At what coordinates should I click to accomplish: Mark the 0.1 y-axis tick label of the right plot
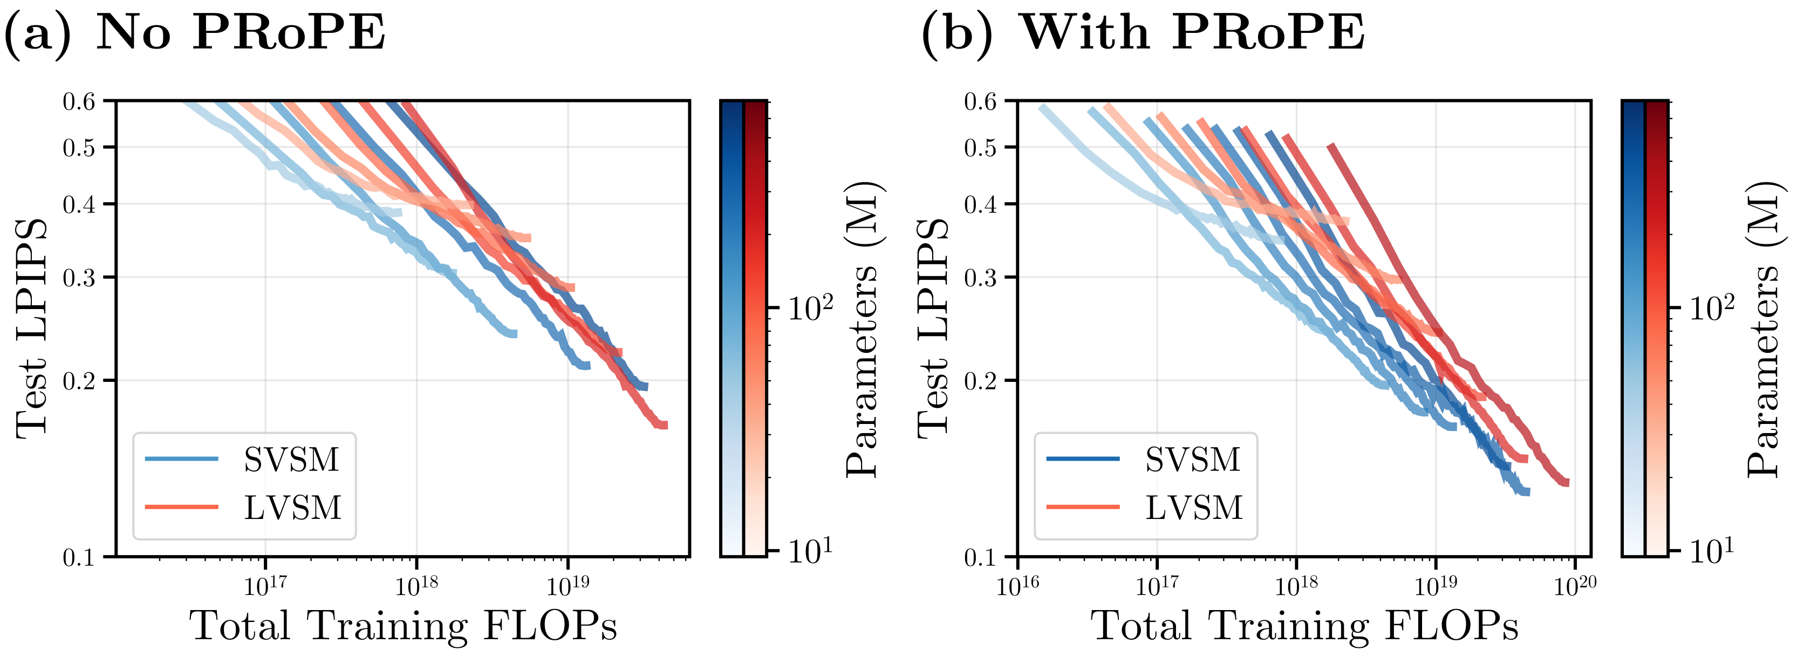point(980,558)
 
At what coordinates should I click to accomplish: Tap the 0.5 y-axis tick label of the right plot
point(980,148)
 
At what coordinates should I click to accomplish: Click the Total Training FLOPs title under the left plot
point(404,626)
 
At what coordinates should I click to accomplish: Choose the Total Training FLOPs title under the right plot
point(1304,626)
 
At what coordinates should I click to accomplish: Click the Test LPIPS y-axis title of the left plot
point(31,329)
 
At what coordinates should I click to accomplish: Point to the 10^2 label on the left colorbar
point(810,308)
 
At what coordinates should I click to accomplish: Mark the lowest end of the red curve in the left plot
point(664,425)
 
